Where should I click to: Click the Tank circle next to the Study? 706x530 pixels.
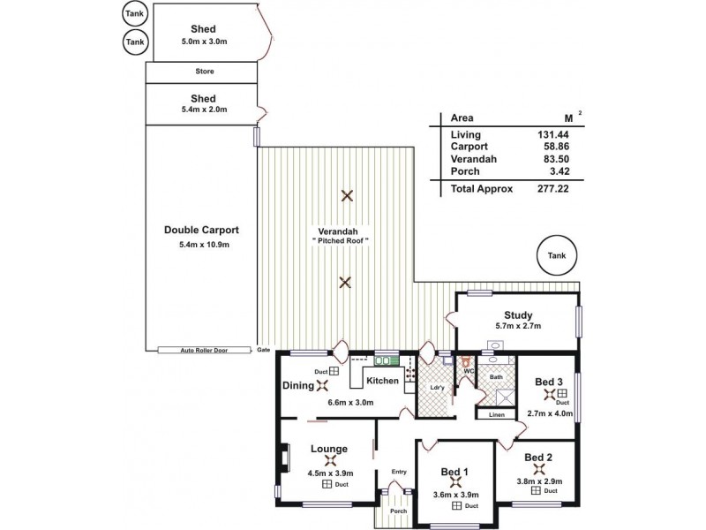click(555, 256)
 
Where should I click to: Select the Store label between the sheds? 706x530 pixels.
click(204, 72)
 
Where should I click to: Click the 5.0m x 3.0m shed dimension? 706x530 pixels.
click(204, 40)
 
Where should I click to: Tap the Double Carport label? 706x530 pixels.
click(202, 230)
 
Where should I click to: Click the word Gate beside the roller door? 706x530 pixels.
click(263, 350)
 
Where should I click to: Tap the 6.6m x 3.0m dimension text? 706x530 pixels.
click(350, 402)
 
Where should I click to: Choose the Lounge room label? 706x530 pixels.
click(328, 448)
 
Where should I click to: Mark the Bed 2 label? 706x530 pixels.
click(538, 457)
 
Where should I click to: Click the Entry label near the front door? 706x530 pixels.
click(399, 472)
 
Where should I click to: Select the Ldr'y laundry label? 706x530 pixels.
click(435, 387)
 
